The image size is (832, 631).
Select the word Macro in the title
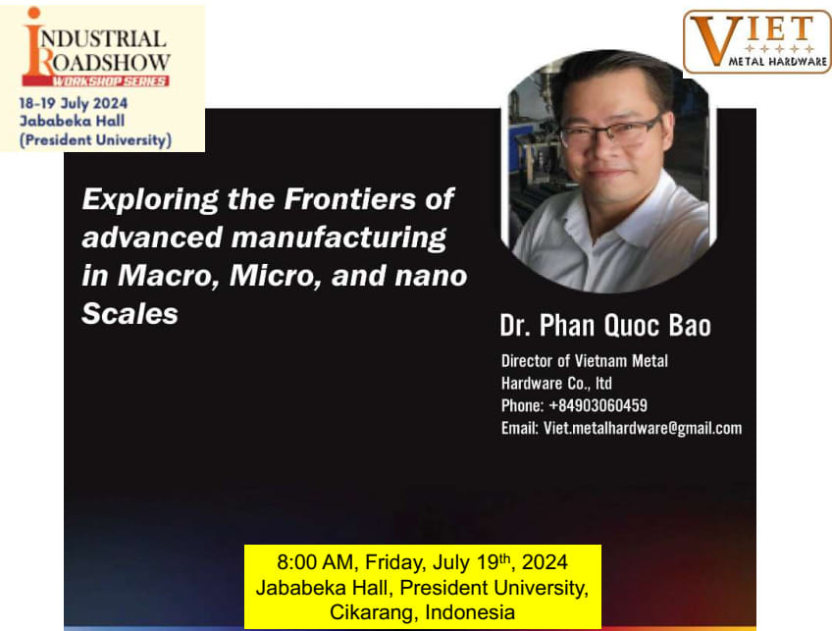pos(168,276)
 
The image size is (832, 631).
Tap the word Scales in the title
pos(130,313)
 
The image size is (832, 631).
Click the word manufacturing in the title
pos(338,237)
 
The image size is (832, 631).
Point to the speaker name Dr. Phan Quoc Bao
pos(605,326)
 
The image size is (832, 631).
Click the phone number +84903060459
pos(598,405)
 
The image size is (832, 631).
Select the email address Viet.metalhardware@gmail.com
pos(643,428)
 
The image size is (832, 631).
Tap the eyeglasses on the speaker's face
pos(609,131)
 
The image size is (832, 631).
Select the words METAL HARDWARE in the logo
pos(777,62)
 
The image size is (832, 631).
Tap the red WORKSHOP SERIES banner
pos(95,81)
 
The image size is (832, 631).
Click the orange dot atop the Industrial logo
pos(34,13)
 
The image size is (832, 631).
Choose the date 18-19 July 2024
pos(74,103)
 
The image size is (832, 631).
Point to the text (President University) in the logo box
pos(95,140)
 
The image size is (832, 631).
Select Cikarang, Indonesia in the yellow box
pos(422,612)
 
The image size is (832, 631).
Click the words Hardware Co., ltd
pos(556,383)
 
